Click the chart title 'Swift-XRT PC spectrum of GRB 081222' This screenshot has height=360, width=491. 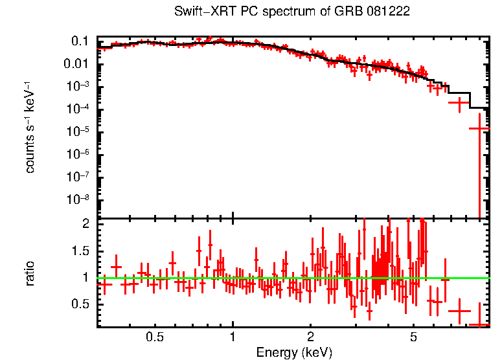291,12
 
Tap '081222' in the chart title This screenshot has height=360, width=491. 388,12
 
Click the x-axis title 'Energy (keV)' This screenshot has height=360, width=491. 294,352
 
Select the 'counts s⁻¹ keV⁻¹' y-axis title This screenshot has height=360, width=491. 30,127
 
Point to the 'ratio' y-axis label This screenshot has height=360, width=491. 30,273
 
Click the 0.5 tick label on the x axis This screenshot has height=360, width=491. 154,337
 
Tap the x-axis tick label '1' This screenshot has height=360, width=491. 233,337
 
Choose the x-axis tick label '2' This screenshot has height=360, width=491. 310,337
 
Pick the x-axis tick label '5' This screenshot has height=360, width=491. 413,337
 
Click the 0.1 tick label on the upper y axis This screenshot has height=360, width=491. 80,41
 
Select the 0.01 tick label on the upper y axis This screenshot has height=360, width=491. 76,64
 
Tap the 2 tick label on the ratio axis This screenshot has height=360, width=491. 85,223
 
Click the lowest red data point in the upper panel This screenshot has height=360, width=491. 479,129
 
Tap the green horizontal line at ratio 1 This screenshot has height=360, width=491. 259,278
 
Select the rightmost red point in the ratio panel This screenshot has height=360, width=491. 479,324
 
